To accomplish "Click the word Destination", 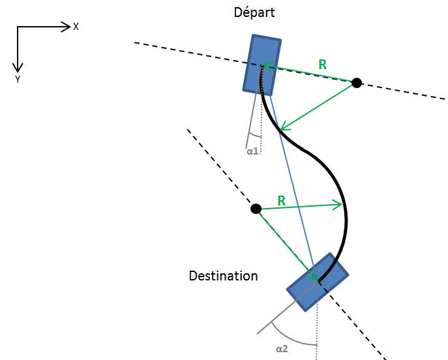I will point(223,276).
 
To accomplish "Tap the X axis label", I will point(76,27).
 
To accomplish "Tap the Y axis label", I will point(18,79).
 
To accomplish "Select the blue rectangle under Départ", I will point(262,64).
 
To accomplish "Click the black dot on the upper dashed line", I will point(357,83).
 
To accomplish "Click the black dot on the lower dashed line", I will point(256,209).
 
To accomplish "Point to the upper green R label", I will point(322,64).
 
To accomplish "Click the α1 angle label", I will point(253,151).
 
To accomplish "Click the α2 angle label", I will point(282,349).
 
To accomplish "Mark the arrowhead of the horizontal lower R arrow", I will point(338,205).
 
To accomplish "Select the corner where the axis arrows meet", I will point(18,27).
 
